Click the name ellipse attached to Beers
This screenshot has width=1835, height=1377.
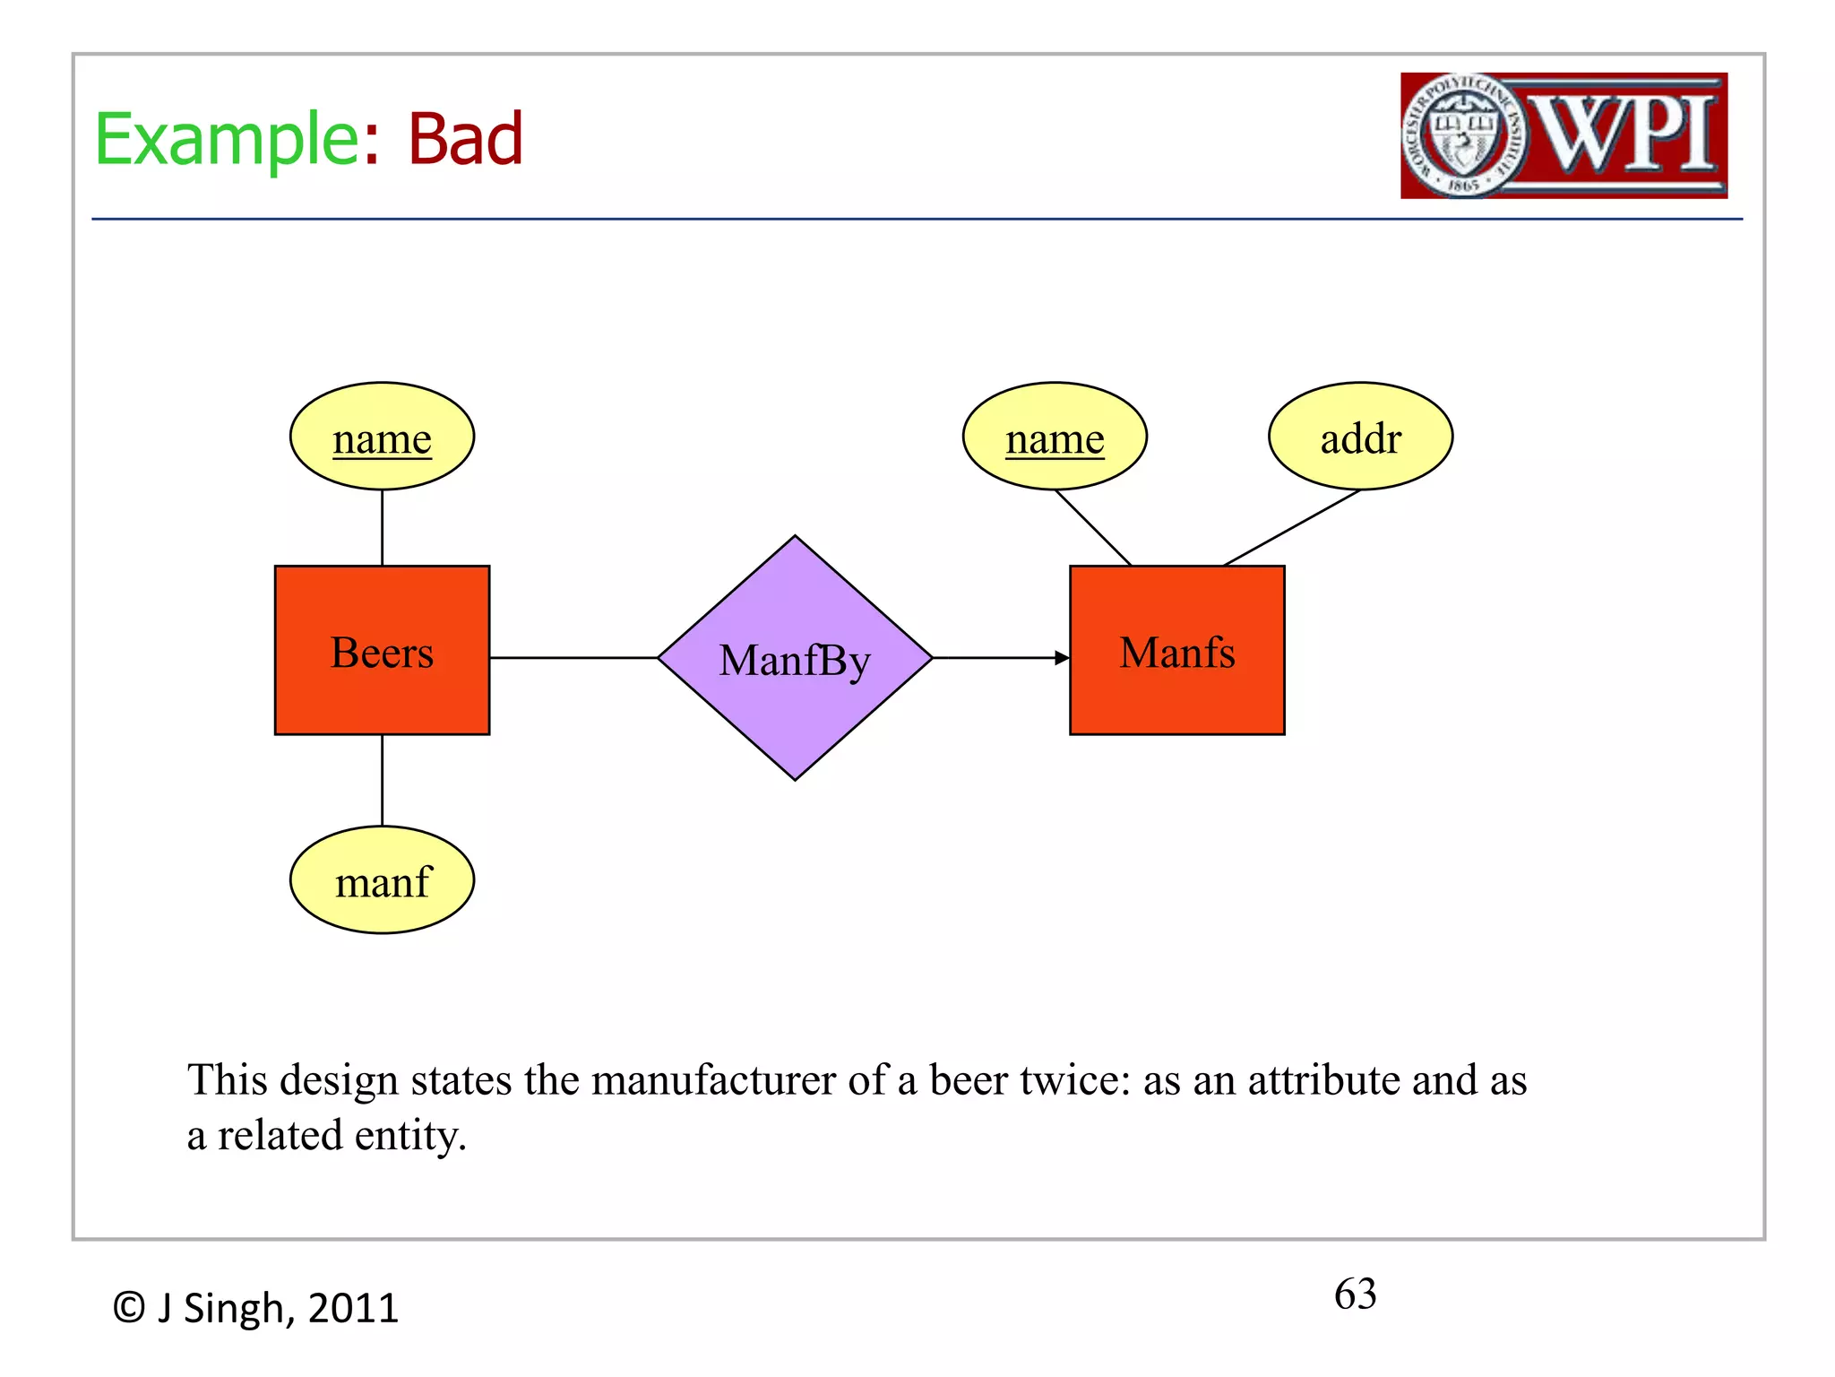(x=382, y=437)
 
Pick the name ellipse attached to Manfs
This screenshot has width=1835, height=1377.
(x=1055, y=437)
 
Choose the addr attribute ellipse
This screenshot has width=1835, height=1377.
(x=1360, y=437)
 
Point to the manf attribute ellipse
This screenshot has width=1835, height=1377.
(x=382, y=880)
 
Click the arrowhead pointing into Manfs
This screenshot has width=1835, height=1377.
(x=1062, y=658)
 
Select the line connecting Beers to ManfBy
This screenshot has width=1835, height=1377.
(x=573, y=658)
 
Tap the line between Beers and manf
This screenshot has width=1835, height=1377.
(x=383, y=780)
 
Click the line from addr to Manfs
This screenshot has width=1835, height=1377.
(x=1292, y=528)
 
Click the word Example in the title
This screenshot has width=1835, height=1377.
(x=228, y=140)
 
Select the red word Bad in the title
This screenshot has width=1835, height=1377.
(x=465, y=140)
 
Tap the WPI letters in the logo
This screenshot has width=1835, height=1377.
(x=1626, y=134)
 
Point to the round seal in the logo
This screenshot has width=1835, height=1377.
(x=1464, y=135)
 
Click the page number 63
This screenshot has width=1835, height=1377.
(x=1355, y=1294)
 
